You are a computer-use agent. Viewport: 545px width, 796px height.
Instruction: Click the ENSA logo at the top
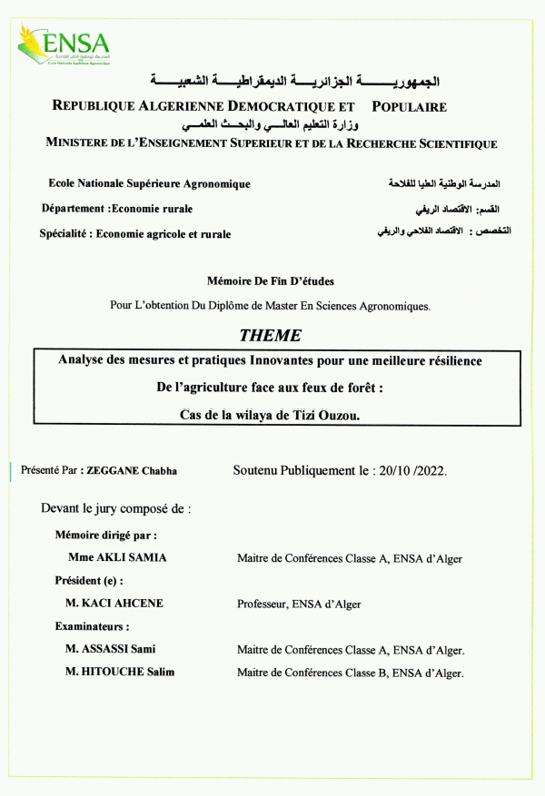(64, 44)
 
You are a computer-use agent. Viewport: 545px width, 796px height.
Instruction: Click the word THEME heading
(270, 335)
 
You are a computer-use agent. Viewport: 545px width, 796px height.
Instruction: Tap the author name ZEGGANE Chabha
(132, 471)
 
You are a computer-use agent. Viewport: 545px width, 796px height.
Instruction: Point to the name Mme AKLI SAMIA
(117, 557)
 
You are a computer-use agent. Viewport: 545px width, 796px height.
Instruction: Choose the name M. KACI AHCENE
(114, 604)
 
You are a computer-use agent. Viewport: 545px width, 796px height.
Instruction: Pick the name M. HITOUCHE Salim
(121, 673)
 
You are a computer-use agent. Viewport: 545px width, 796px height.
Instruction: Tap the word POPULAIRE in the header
(410, 106)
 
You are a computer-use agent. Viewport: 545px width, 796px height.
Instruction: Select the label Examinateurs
(92, 626)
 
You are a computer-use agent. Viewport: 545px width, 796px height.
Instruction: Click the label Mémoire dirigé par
(106, 535)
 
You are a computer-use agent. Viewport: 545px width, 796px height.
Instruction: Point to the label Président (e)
(89, 580)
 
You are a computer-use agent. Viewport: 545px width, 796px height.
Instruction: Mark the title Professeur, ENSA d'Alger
(299, 604)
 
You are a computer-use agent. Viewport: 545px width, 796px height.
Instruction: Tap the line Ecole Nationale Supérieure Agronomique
(149, 184)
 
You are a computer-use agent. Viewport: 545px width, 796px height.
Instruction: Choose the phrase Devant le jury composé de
(116, 509)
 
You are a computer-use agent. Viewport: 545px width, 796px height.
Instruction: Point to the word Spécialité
(64, 234)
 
